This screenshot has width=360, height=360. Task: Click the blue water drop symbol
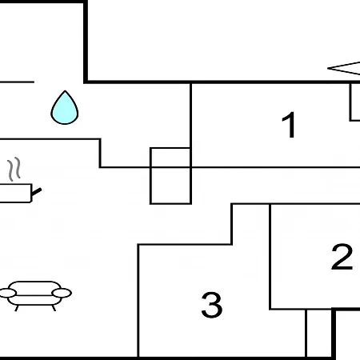[65, 108]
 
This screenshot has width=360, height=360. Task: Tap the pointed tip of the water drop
[65, 91]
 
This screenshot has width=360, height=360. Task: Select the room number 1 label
[289, 125]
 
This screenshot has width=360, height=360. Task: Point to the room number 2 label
[342, 257]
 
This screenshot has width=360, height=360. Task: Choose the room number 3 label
[212, 305]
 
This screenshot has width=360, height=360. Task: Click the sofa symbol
[35, 295]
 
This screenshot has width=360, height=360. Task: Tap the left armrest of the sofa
[7, 293]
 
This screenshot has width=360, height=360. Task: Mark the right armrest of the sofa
[62, 293]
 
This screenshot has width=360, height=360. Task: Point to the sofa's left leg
[17, 308]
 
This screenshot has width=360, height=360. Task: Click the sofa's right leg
[54, 308]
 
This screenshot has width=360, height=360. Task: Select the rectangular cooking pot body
[15, 193]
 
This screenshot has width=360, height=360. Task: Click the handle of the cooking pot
[37, 191]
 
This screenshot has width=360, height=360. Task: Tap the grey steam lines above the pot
[14, 169]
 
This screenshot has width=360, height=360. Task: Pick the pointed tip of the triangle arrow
[328, 68]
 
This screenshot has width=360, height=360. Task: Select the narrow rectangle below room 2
[319, 333]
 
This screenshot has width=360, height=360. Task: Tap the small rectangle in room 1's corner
[354, 102]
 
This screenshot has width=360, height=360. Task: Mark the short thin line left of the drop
[17, 82]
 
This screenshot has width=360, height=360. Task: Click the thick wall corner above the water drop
[86, 82]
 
